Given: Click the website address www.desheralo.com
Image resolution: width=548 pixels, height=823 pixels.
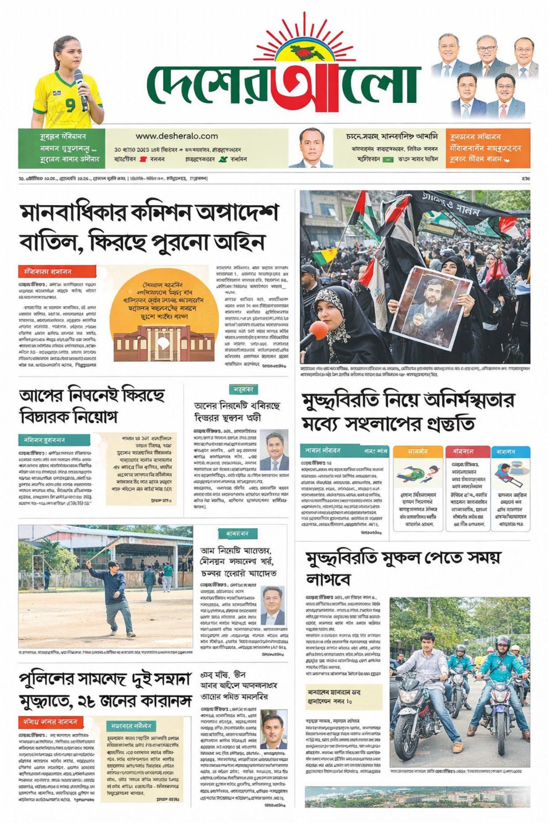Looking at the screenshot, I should tap(177, 136).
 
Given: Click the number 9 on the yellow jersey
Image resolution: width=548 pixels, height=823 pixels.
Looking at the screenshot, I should tap(70, 106).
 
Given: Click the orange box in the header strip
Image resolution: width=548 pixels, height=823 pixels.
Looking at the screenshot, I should tap(488, 148).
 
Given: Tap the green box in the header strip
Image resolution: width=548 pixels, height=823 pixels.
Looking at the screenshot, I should tap(62, 148).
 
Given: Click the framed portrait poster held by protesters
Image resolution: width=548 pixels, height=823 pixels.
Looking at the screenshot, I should tap(431, 307).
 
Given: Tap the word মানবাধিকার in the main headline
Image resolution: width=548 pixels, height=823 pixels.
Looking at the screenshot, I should tap(72, 214).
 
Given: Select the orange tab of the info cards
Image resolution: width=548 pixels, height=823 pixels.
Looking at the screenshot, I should tap(418, 451).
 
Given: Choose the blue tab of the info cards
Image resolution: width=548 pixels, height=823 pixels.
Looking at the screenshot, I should tap(510, 451).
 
